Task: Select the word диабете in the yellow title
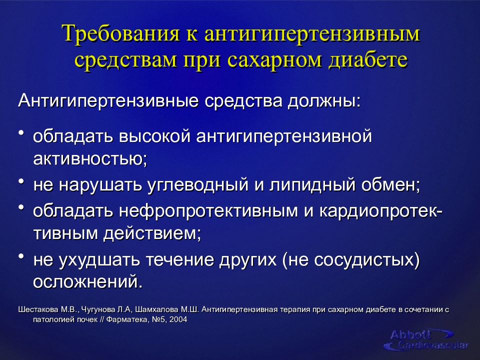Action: click(368, 59)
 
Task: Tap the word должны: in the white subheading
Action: click(324, 101)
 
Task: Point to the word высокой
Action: click(155, 136)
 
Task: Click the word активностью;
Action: click(90, 159)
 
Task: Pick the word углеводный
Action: click(198, 184)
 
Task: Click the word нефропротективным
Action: click(208, 211)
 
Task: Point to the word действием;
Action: click(152, 234)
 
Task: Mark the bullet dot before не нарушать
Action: click(21, 182)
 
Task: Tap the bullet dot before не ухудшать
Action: click(21, 256)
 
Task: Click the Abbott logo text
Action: click(410, 334)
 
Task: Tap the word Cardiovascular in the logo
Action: click(433, 345)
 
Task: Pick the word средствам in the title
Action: click(126, 59)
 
